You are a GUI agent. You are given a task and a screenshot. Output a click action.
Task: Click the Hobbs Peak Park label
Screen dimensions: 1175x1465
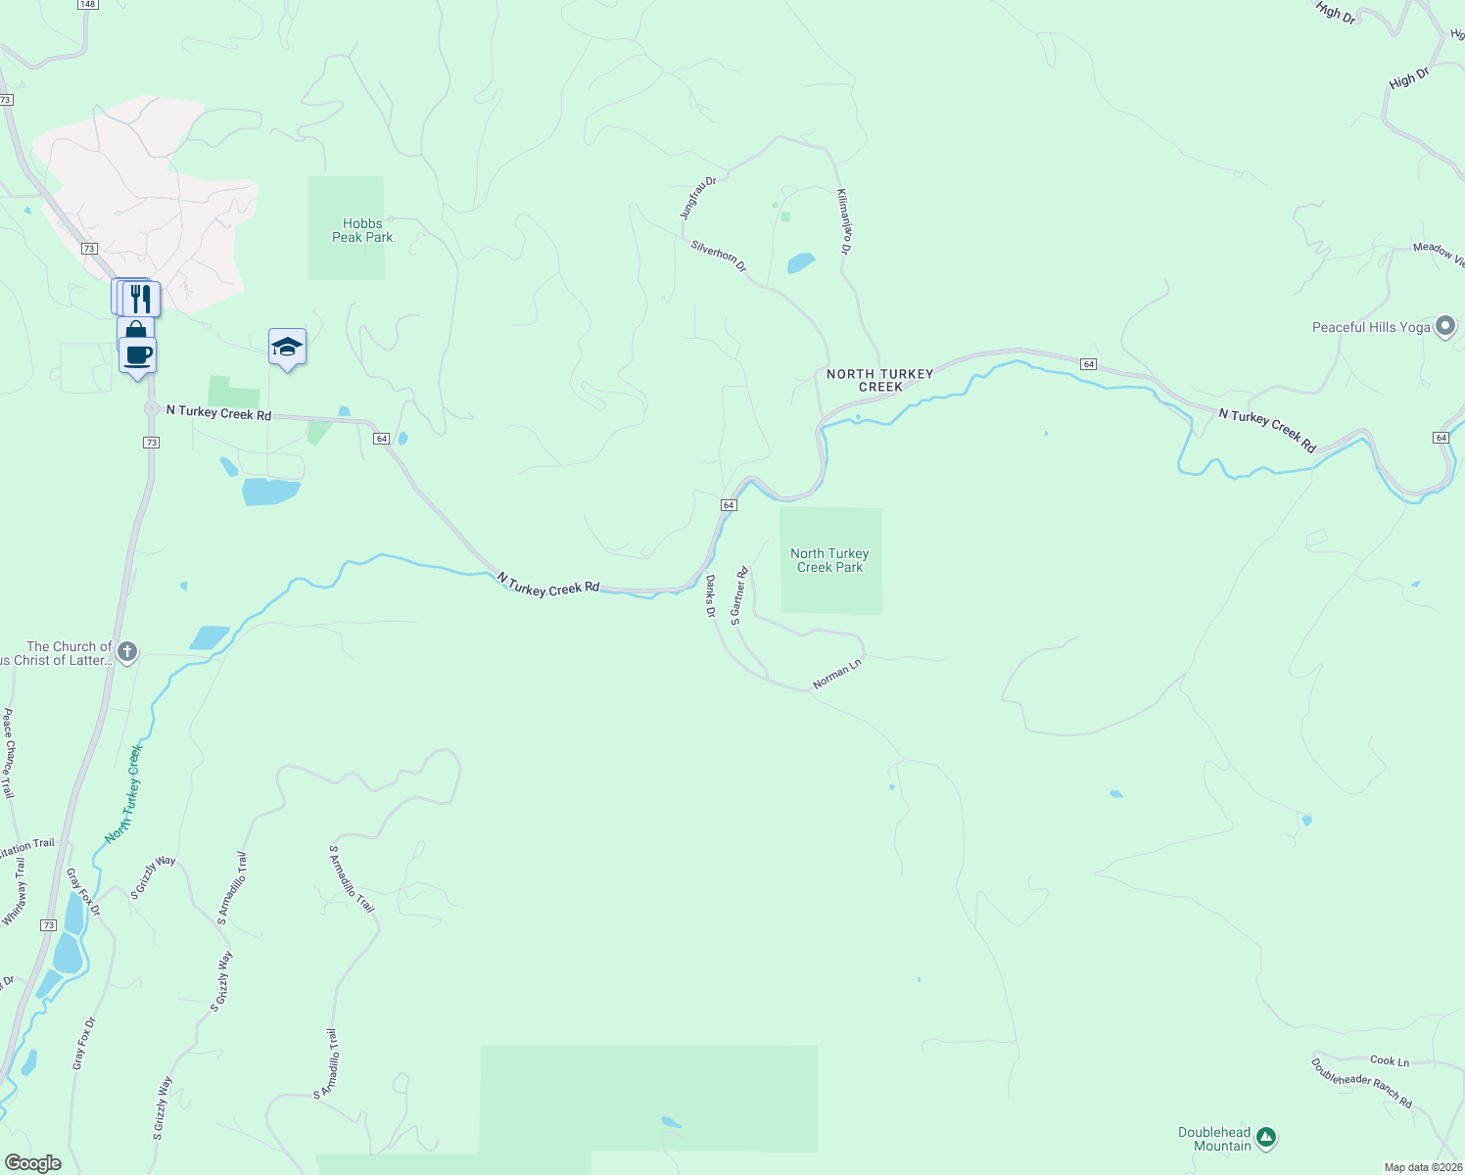(x=362, y=230)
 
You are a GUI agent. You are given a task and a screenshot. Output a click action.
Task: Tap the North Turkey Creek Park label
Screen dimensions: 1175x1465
(x=829, y=560)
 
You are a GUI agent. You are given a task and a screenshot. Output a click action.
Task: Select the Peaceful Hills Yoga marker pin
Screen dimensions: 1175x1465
(x=1445, y=327)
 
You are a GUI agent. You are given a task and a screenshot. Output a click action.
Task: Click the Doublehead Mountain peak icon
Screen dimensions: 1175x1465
(x=1266, y=1138)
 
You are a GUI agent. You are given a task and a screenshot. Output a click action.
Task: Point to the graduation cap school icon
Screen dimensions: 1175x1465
(x=287, y=347)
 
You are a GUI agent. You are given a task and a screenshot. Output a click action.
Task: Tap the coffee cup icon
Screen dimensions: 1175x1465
(x=138, y=354)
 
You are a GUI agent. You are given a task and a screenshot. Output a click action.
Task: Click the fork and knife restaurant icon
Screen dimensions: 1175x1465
(x=142, y=298)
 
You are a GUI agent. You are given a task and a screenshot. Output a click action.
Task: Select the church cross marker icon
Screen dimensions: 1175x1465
(x=127, y=651)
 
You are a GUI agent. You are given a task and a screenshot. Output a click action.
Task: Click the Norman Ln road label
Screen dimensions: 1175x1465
(x=836, y=674)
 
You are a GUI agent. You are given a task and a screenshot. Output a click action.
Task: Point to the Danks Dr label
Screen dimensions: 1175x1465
(x=711, y=596)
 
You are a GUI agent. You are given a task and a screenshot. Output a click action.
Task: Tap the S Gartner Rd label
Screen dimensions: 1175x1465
(x=739, y=595)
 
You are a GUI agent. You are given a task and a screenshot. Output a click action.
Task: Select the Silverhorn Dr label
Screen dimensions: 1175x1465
(x=719, y=257)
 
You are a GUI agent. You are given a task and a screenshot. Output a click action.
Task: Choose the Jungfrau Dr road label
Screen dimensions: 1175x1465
(x=698, y=198)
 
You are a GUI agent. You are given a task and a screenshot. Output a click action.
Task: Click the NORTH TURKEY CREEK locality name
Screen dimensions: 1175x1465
(x=879, y=380)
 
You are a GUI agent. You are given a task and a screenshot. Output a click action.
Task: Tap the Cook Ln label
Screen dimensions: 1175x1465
(x=1390, y=1060)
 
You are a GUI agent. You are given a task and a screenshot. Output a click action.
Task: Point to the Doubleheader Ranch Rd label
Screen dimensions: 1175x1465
(x=1361, y=1083)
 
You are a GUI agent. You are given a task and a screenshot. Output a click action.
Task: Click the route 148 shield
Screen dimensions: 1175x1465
(x=87, y=4)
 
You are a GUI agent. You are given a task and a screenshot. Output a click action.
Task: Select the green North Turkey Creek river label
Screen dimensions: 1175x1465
(x=124, y=793)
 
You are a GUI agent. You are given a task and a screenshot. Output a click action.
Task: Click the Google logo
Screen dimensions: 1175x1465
(x=33, y=1163)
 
